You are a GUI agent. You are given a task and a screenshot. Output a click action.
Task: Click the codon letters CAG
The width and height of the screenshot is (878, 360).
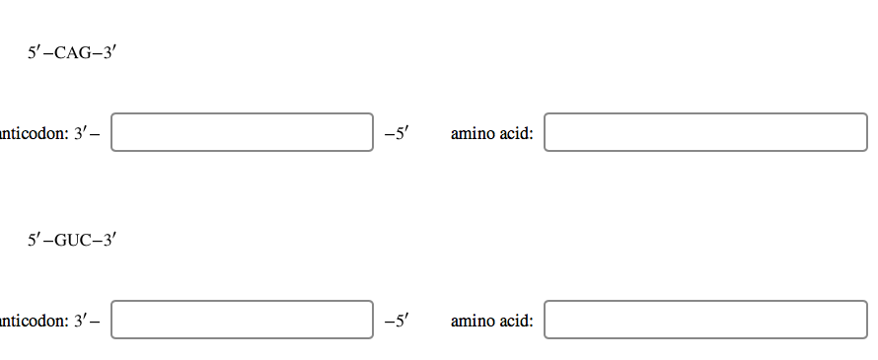click(x=71, y=53)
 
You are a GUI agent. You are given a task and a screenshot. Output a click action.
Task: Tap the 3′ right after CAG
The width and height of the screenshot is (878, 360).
click(x=110, y=53)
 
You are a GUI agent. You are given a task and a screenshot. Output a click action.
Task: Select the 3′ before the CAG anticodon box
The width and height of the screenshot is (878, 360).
click(x=81, y=133)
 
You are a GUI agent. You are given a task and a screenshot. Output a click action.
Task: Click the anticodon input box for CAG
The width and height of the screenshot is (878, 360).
click(x=242, y=132)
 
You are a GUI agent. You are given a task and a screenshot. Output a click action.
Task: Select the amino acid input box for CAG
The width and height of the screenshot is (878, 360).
click(x=705, y=132)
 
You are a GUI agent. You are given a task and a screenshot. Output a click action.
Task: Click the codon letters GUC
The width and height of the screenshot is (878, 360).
click(x=72, y=240)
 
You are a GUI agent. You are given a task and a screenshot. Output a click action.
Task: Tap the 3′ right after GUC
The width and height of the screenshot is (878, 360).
click(x=110, y=240)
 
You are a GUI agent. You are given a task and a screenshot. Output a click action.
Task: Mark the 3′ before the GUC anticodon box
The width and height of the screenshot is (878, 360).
click(x=81, y=321)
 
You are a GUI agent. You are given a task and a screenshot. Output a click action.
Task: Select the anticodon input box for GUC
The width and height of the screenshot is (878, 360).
click(x=242, y=320)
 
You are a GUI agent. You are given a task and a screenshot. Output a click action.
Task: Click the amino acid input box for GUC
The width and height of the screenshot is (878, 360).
click(x=705, y=320)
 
